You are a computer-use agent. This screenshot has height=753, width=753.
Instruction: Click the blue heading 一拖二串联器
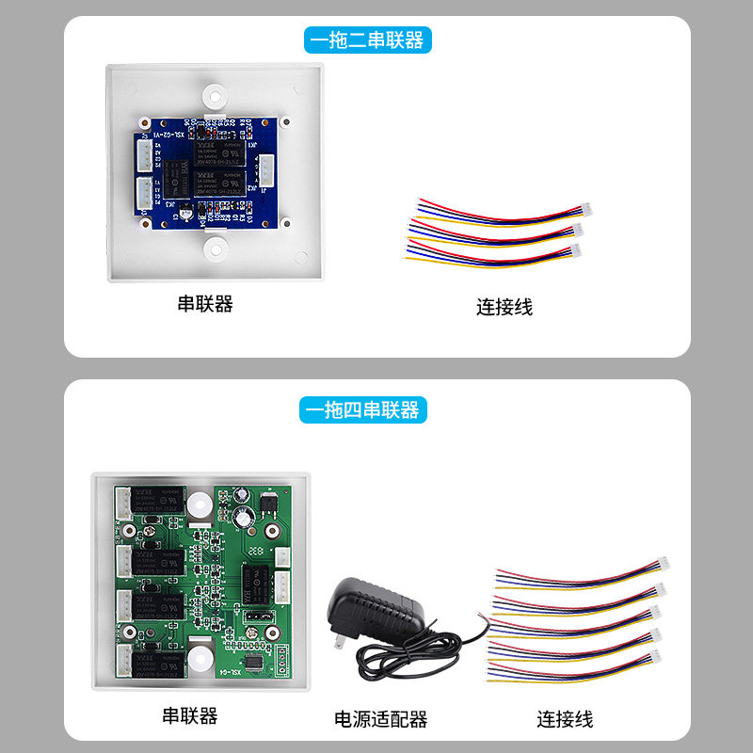[367, 40]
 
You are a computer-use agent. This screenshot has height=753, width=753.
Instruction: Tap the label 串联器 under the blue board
[205, 304]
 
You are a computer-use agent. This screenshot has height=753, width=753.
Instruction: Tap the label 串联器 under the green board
[190, 715]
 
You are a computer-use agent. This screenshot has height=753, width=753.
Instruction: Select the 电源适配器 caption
[380, 719]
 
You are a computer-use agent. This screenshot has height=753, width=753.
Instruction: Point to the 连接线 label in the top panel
[505, 307]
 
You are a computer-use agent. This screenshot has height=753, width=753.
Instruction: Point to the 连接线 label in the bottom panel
[566, 719]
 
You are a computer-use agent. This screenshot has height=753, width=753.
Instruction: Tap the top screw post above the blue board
[215, 96]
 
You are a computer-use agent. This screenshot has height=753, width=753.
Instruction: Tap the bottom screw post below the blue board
[215, 249]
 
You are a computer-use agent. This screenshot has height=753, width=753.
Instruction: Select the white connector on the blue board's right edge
[266, 172]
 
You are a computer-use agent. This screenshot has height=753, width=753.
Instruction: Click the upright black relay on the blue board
[177, 179]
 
